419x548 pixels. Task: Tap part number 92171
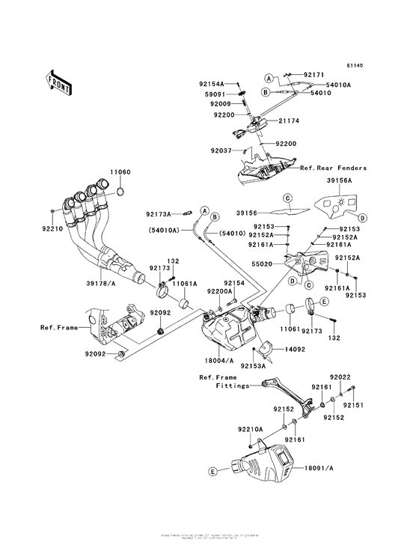pos(314,76)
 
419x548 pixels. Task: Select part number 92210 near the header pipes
pos(52,228)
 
